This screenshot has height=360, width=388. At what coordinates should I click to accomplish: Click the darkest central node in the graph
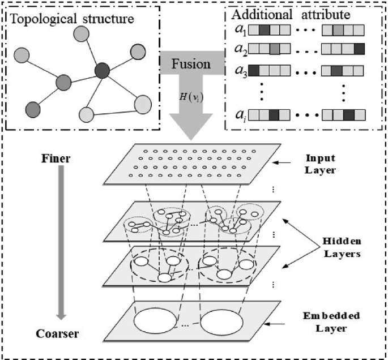click(103, 71)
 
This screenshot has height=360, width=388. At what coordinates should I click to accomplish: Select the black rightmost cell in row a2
click(359, 50)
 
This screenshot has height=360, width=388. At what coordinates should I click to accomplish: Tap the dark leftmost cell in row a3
click(254, 72)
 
